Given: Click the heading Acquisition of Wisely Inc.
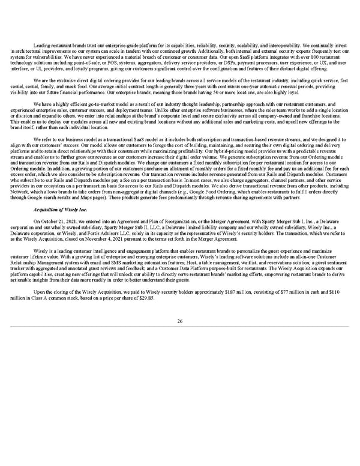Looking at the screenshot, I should (x=59, y=225).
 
